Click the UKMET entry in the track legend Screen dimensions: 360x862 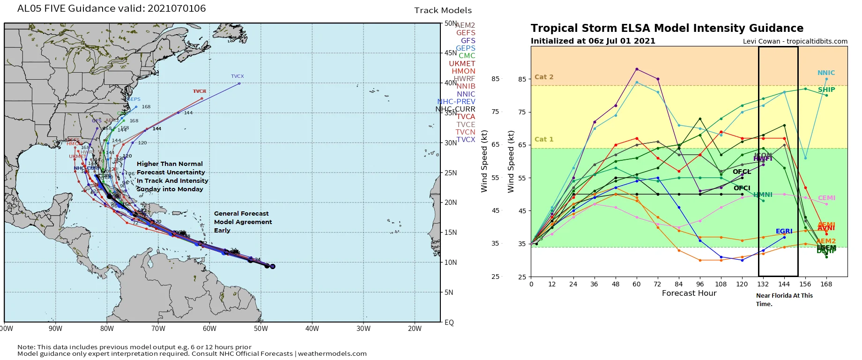click(462, 64)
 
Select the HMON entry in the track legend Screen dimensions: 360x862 click(463, 71)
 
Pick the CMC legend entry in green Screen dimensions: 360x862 click(467, 56)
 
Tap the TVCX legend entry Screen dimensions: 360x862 click(466, 140)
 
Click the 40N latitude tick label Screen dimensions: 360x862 click(450, 83)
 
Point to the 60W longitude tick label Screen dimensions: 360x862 click(209, 329)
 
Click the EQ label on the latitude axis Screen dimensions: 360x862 click(449, 322)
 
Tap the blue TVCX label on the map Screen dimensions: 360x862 click(237, 76)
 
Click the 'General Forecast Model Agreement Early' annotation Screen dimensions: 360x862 click(243, 222)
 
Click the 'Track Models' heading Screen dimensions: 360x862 click(443, 10)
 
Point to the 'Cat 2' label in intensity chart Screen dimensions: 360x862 click(543, 77)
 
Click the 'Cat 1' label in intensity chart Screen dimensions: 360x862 click(543, 139)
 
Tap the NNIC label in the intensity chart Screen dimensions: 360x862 click(826, 73)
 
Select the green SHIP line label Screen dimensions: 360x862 click(826, 90)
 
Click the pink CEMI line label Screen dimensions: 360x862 click(826, 198)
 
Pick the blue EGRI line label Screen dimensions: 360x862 click(784, 231)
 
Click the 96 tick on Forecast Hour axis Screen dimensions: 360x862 click(700, 284)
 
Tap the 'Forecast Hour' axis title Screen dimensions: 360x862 click(689, 293)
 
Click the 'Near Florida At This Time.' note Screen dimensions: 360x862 click(784, 300)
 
